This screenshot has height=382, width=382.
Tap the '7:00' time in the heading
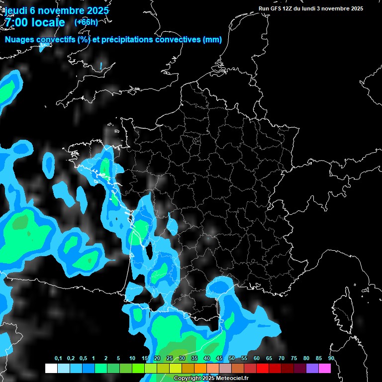click(15, 22)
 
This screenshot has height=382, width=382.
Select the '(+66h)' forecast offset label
click(86, 22)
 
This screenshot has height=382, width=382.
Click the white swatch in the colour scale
click(51, 368)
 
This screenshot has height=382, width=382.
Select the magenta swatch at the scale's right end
click(324, 368)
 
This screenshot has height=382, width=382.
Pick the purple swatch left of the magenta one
click(312, 368)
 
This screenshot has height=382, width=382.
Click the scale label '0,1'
click(58, 359)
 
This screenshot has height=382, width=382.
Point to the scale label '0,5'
click(83, 359)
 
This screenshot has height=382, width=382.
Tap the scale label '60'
click(257, 359)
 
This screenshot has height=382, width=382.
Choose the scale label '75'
click(294, 359)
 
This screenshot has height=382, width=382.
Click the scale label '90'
click(331, 359)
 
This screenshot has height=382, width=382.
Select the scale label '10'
click(132, 359)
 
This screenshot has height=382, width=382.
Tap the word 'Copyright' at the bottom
click(187, 379)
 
